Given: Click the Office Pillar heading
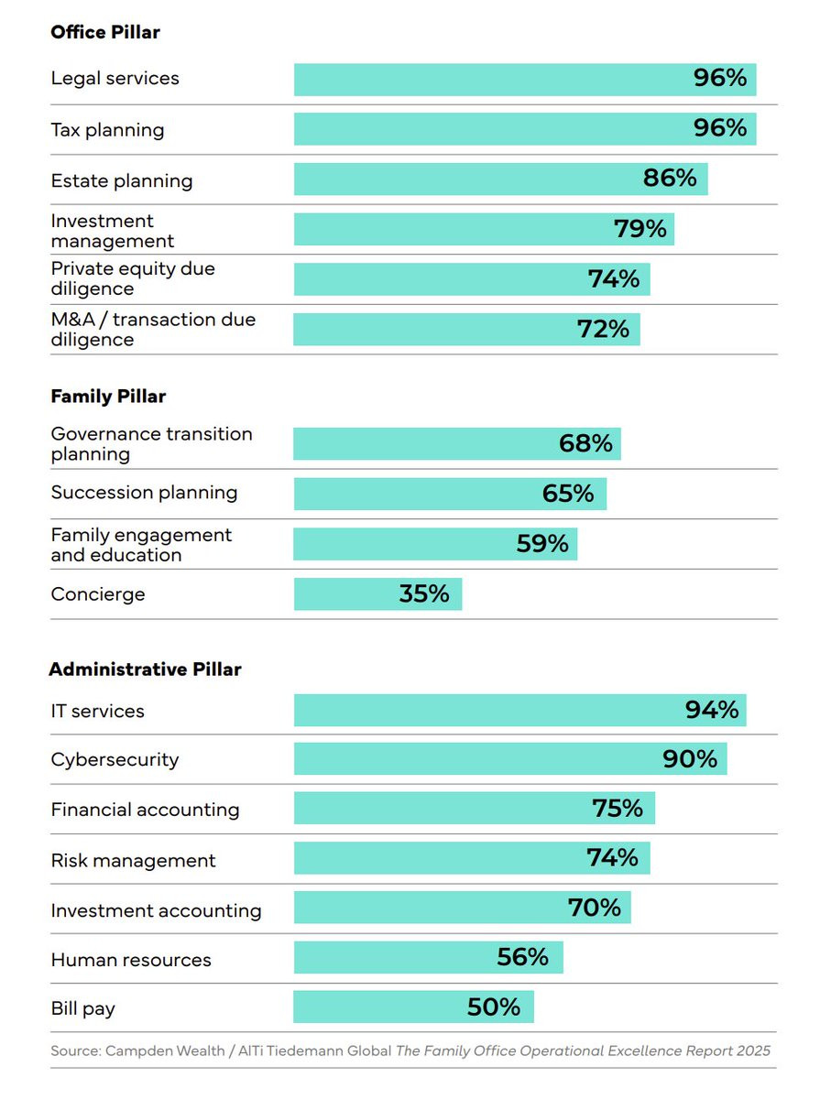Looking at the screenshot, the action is coord(105,32).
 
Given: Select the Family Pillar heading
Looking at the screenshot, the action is coord(108,396).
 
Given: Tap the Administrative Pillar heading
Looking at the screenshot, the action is coord(146,669).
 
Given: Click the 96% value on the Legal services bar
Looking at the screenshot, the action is coord(719,78).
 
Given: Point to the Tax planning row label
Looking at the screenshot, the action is coord(107,130).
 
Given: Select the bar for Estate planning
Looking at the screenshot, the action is coord(500,179).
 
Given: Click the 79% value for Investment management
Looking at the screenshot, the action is coord(640,229).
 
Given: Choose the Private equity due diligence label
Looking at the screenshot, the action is coord(133,278).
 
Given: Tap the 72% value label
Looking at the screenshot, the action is coord(603,329).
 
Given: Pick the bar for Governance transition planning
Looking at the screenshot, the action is coord(457,443).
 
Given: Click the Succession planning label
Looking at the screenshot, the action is coord(144,493).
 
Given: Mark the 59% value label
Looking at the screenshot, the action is coord(542,543).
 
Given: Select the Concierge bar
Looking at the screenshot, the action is coord(377,593).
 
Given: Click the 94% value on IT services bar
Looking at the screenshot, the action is coord(711,710).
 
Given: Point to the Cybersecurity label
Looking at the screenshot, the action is coord(115,759).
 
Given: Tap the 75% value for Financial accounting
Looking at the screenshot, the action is coord(618,808).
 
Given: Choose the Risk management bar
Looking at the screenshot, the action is coord(472,857).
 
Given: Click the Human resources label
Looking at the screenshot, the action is coord(131,960).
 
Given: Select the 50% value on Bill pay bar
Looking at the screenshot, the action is coord(494,1007).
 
